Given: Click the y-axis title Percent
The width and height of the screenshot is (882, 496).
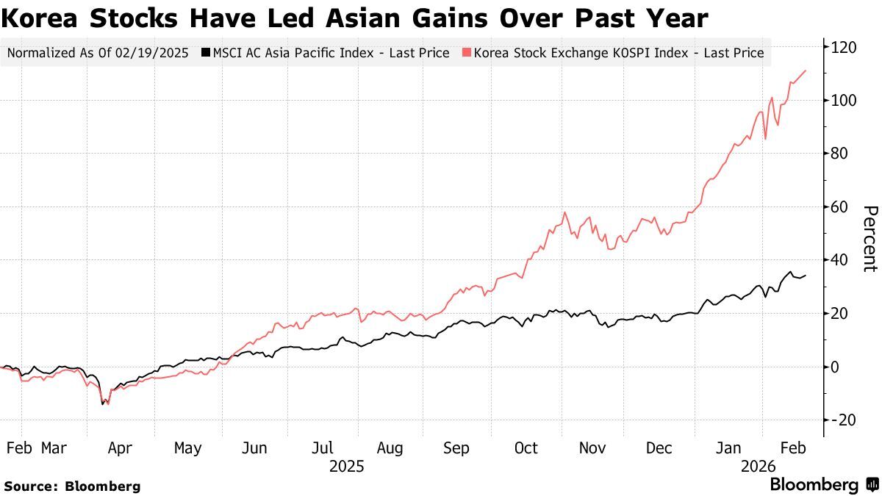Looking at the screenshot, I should [x=869, y=239].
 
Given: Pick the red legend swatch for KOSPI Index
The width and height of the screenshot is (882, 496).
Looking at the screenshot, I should [x=466, y=53].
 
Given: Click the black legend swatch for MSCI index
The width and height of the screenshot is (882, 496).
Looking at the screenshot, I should [x=206, y=53].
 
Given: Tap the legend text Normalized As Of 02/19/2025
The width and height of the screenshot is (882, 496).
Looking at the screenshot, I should [x=97, y=53].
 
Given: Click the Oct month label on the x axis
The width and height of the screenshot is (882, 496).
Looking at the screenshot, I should [x=526, y=448].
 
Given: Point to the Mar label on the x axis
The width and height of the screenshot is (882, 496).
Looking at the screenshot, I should [x=54, y=448].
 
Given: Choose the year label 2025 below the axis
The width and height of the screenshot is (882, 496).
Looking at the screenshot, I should [x=346, y=466].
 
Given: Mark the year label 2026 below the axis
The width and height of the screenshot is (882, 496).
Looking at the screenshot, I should [x=759, y=466].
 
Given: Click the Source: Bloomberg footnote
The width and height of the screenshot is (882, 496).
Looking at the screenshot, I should [x=72, y=486].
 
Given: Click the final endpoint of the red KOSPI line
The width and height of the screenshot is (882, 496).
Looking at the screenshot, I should [x=806, y=71].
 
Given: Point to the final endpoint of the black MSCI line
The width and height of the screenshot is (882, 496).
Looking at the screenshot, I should [x=806, y=276].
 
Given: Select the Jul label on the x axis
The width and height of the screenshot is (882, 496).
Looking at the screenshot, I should [x=323, y=448].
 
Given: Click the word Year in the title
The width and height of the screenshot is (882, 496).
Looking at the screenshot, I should [x=678, y=18].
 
